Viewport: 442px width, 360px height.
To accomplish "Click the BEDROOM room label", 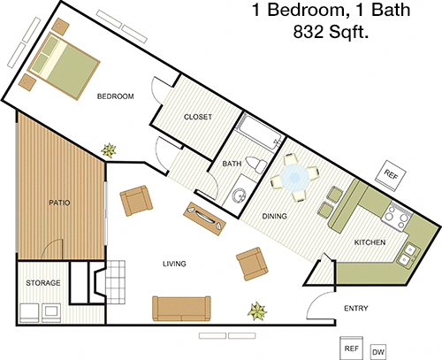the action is coord(116,96).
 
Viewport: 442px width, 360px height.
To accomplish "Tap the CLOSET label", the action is coord(198,117).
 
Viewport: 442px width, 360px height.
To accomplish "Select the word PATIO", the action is coord(59,203).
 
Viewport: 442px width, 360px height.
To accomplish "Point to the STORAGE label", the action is coord(43,283).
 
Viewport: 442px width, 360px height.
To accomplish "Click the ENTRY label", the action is coord(356,309).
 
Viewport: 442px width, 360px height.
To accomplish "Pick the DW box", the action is coord(378,352).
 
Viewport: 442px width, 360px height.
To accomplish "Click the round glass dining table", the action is coord(294,178).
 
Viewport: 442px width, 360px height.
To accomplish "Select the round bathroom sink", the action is coord(239,195).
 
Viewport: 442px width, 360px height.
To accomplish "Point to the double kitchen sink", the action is coord(408,254).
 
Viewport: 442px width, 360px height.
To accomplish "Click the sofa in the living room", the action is coord(181,309).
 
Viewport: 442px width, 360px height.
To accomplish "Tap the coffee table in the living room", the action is coord(204,218).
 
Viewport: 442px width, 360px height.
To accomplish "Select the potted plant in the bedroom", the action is coord(109,150).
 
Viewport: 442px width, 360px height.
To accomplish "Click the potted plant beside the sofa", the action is coord(257,311).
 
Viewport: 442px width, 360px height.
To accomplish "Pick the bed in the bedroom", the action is coord(64,66).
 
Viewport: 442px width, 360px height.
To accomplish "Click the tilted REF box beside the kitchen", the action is coord(391,176).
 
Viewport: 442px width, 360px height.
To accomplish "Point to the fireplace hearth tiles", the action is coord(116,282).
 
